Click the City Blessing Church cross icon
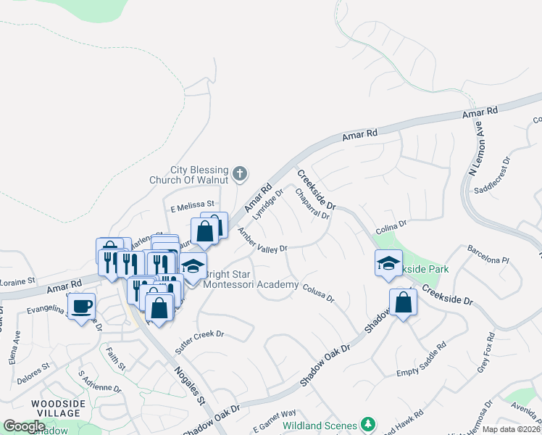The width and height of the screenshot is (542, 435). (241, 173)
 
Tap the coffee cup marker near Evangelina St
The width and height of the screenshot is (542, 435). (81, 305)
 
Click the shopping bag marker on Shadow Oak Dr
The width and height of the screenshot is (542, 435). (403, 302)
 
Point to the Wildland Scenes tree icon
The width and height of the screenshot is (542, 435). (368, 423)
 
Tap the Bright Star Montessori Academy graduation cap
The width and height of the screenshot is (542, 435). (193, 266)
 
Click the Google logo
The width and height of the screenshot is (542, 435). (24, 426)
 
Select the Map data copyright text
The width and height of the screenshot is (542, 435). (510, 428)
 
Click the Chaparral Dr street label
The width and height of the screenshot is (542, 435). (313, 204)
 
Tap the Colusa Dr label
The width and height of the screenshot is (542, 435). (317, 292)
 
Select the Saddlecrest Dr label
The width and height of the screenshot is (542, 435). (493, 175)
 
